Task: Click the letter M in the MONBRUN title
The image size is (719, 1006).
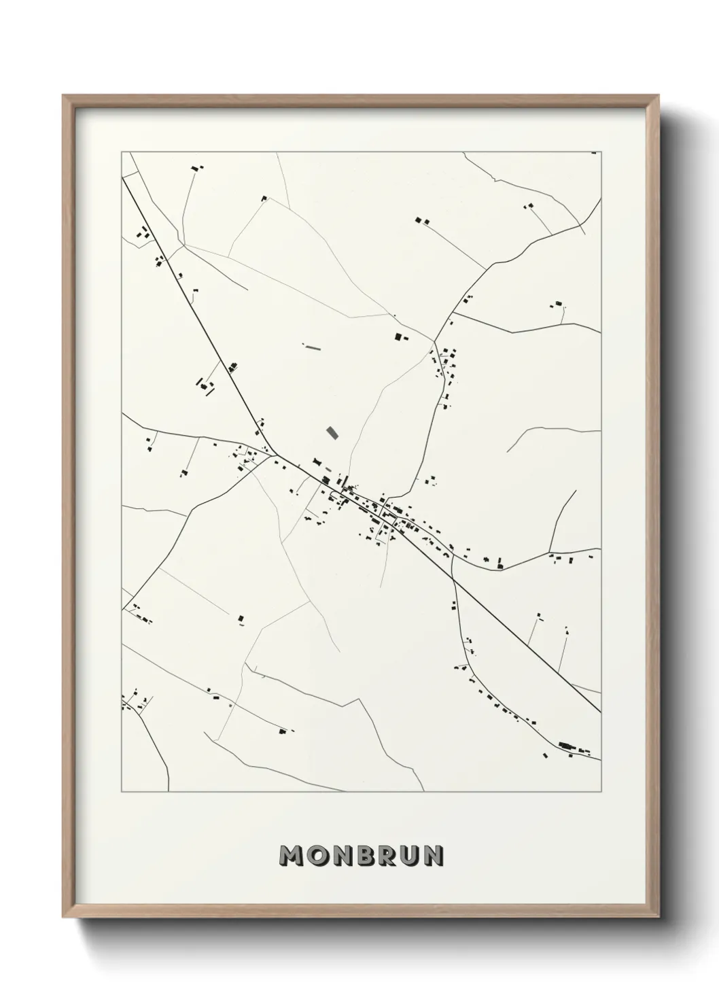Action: coord(293,856)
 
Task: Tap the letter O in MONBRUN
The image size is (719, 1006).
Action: coord(318,856)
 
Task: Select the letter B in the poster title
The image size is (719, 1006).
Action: coord(366,856)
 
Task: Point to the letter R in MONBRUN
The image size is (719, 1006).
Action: coord(388,856)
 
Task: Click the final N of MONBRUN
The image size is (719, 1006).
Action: coord(434,856)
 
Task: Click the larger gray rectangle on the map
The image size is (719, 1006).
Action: coord(332,432)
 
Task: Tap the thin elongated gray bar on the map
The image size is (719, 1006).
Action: coord(313,347)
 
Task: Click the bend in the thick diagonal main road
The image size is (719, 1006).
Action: coord(276,453)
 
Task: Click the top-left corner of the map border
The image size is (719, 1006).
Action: coord(122,152)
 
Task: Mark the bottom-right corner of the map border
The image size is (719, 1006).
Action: coord(601,792)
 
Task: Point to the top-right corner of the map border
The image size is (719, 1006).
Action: coord(601,152)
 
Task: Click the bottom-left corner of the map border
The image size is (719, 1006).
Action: coord(122,792)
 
